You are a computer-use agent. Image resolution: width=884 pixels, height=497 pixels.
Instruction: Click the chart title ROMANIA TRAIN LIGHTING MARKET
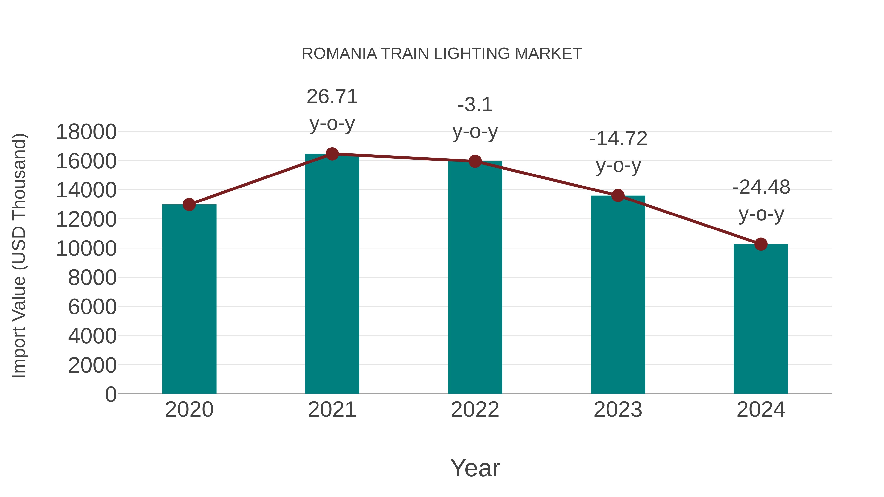442,54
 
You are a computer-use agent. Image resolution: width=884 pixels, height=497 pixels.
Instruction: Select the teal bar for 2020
189,299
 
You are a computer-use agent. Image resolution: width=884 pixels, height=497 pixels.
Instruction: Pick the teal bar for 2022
475,278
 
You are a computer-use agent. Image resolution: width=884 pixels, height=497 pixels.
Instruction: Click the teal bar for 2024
761,319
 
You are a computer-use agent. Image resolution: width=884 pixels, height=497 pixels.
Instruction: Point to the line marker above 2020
189,205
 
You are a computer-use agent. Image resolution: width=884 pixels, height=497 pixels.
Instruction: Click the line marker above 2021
332,154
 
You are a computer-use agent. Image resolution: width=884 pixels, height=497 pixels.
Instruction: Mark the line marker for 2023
618,196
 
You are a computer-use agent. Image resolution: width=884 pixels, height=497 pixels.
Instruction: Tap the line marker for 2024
761,244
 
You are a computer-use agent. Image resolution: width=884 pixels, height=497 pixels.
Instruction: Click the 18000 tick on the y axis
86,132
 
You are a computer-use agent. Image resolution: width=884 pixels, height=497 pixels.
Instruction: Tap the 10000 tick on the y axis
86,249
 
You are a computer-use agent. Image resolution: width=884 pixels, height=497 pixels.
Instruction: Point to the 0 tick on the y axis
110,394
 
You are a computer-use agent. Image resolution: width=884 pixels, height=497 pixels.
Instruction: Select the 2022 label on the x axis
475,410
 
